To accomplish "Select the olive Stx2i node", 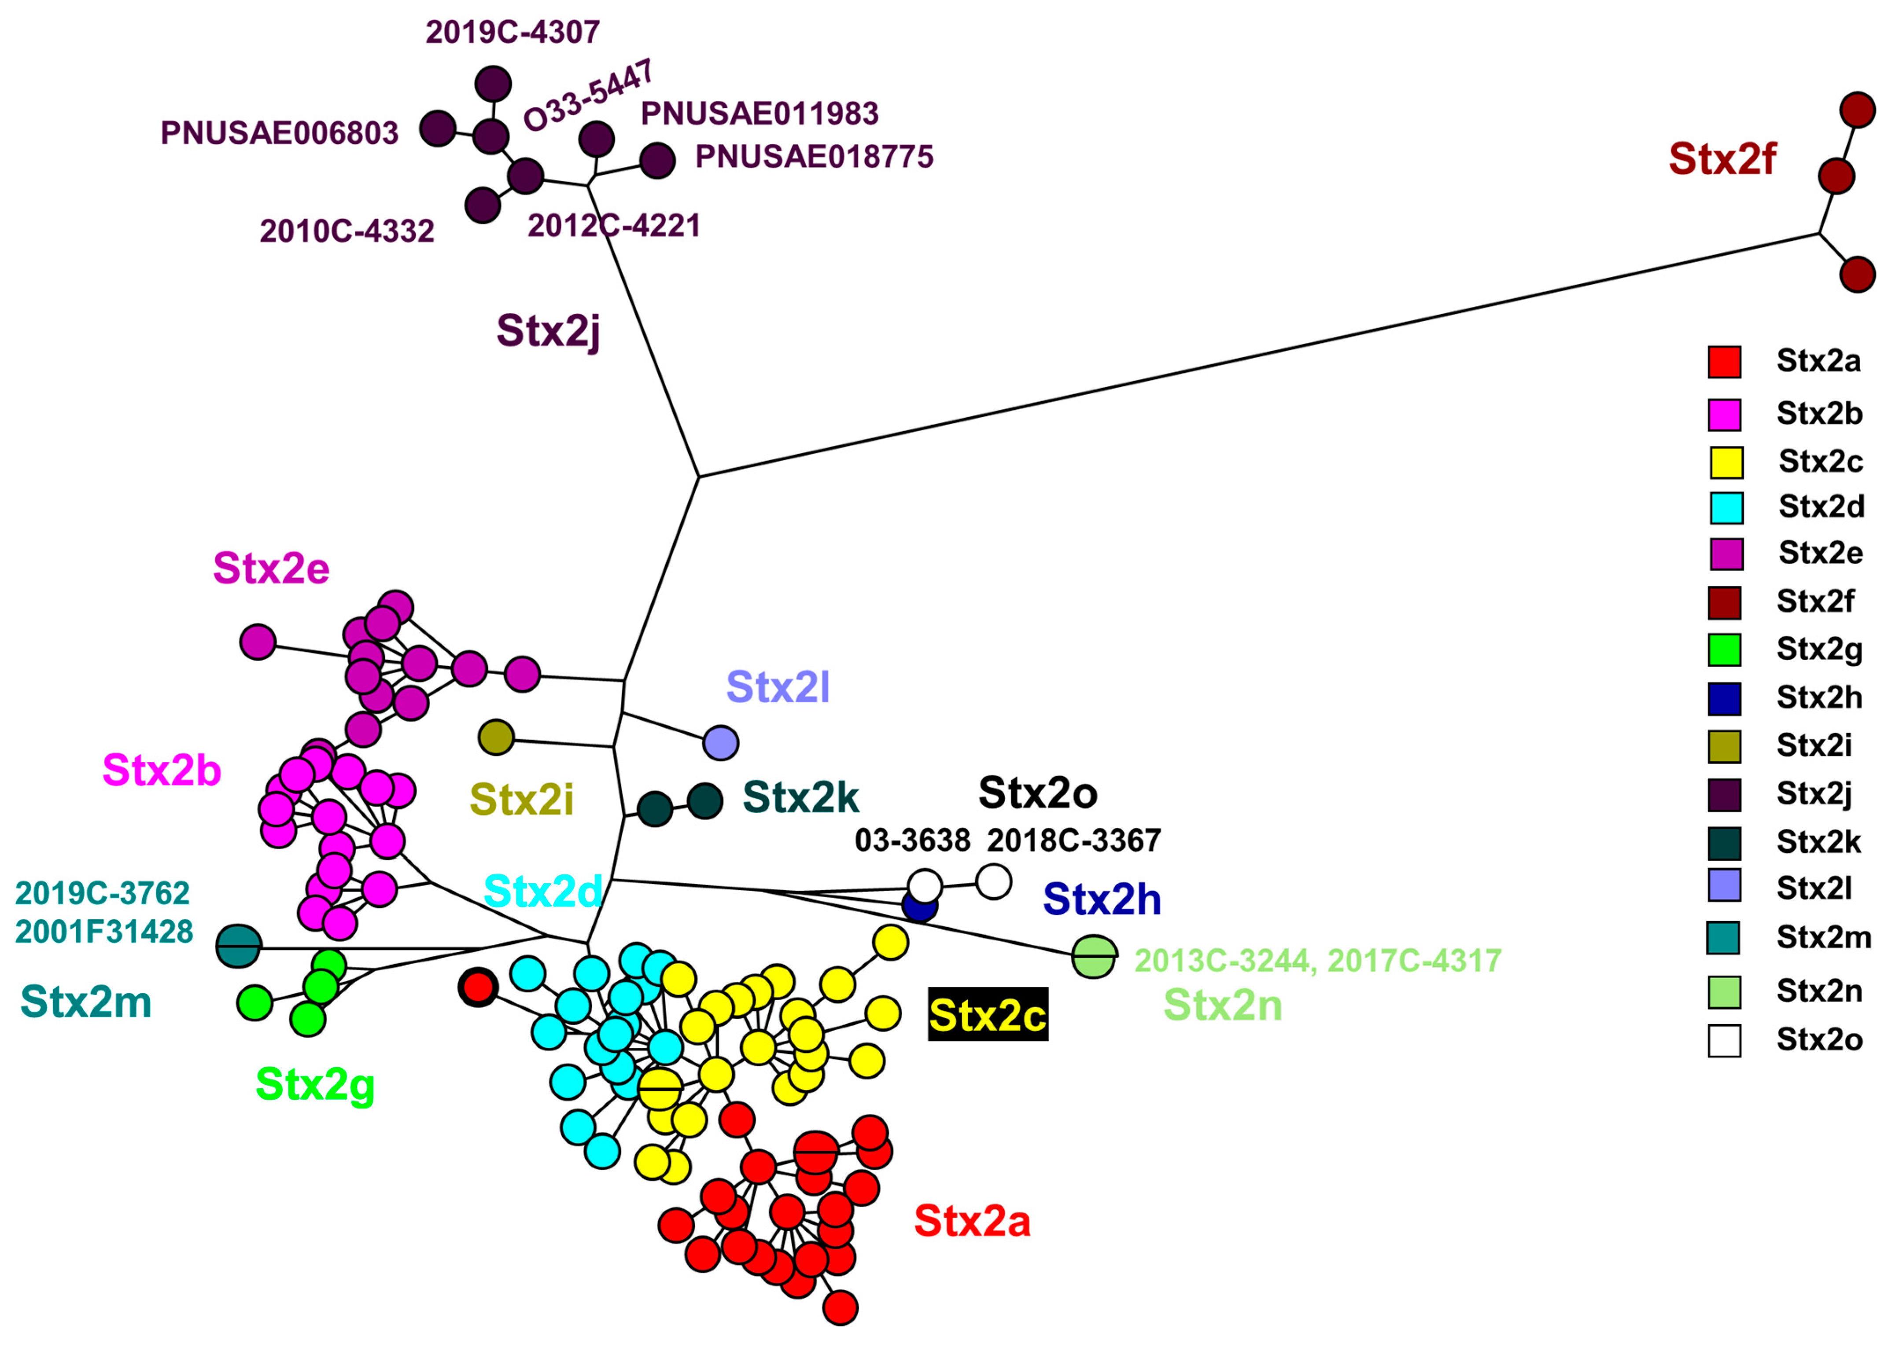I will tap(496, 737).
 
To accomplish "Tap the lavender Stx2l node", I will tap(720, 742).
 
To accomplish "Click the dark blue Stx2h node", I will tap(919, 907).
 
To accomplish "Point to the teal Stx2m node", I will tap(238, 946).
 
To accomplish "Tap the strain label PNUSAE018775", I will tap(814, 157).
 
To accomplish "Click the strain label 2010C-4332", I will tap(347, 231).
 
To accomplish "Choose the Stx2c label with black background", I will tap(987, 1014).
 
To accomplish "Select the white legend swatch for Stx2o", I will tap(1724, 1040).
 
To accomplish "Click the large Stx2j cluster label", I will tap(548, 330).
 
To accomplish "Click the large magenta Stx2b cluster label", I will tap(161, 771).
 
